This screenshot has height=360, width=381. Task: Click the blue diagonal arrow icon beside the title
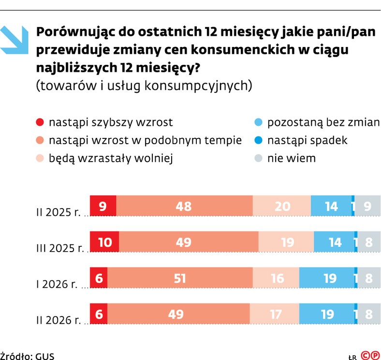coord(15,39)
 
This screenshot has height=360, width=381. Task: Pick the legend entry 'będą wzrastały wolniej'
coord(111,158)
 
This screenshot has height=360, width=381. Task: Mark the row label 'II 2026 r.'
coord(59,320)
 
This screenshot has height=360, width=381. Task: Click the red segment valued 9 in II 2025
coord(103,207)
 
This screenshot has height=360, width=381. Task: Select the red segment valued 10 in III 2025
coord(104,242)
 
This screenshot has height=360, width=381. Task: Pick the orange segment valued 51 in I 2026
coord(180,278)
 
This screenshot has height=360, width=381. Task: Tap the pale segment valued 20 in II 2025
coord(281,207)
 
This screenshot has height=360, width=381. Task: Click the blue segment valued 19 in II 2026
coord(327,315)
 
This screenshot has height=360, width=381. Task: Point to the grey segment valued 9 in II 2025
coord(368,207)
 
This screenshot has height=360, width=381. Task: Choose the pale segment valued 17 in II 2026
coord(274,315)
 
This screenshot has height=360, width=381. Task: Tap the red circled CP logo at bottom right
coord(370,355)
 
